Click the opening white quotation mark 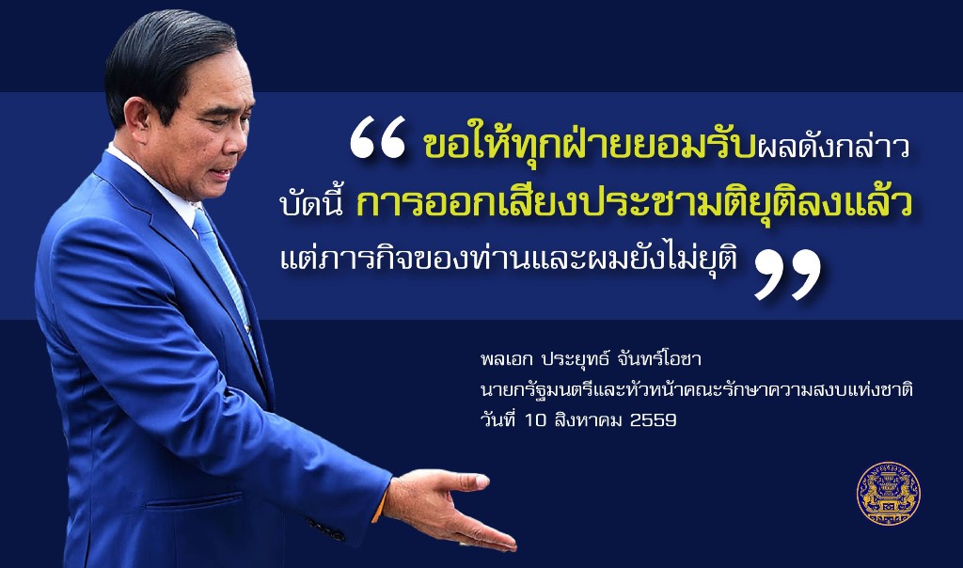[377, 137]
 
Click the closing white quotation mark [787, 275]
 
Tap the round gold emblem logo [888, 493]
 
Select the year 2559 [654, 420]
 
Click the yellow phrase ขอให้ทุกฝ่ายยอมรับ [589, 146]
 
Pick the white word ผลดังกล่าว [833, 148]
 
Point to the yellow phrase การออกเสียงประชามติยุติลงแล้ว [633, 203]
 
